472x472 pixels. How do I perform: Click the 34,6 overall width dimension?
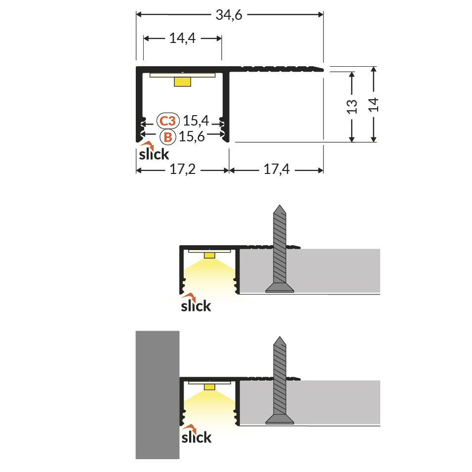click(229, 15)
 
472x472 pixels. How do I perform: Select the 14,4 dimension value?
click(183, 39)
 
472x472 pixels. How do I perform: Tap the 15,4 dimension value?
click(196, 121)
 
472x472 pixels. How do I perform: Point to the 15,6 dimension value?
click(192, 137)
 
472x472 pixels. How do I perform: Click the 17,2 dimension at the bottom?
click(183, 171)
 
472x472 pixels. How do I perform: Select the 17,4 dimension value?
click(276, 171)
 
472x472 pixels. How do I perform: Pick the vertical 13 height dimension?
click(352, 107)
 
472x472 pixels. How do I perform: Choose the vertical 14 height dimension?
click(374, 105)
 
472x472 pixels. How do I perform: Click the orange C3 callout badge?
click(167, 121)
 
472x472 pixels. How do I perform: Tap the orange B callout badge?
click(167, 137)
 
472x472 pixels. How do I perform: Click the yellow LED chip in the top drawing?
click(182, 82)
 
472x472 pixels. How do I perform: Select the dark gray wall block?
click(157, 394)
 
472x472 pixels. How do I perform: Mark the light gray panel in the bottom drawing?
click(336, 403)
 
